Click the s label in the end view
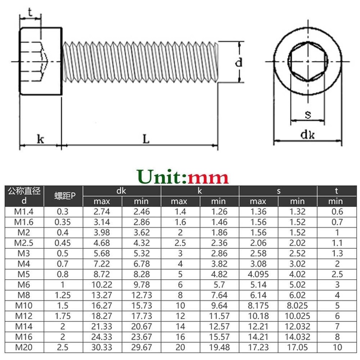click(x=308, y=114)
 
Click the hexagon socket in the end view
click(x=307, y=61)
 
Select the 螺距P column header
click(x=63, y=196)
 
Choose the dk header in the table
click(x=121, y=191)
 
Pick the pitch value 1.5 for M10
click(x=63, y=305)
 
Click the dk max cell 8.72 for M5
click(x=102, y=274)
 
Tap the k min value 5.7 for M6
click(x=219, y=284)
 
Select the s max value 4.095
click(x=258, y=274)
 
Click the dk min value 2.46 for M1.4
click(x=141, y=211)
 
